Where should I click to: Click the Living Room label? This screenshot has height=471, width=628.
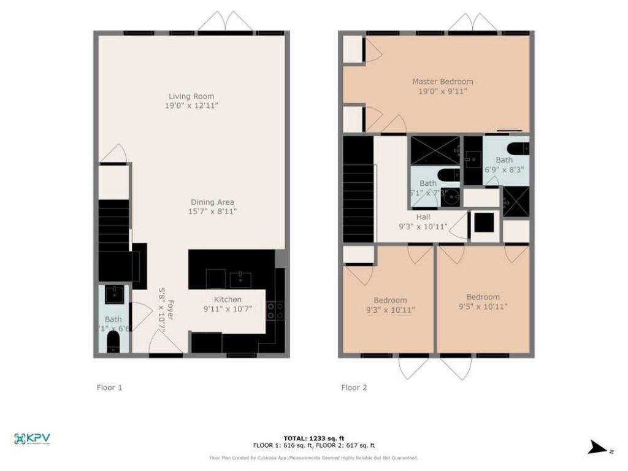pos(191,96)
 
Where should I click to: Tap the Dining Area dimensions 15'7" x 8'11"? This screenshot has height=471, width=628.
pos(212,212)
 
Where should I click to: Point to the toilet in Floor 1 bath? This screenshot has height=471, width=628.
pos(114,342)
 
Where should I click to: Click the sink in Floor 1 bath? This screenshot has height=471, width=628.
pos(114,294)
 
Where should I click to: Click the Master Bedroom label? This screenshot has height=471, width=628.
pos(442,82)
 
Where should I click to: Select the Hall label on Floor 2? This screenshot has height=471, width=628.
pos(423,216)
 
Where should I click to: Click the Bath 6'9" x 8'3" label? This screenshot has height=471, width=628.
pos(505,164)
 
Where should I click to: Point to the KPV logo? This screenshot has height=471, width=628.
pos(32,438)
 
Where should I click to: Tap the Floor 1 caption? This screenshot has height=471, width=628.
pos(110,387)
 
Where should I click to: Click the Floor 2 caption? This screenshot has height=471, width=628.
pos(354,387)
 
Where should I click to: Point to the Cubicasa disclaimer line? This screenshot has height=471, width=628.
pos(313,458)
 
